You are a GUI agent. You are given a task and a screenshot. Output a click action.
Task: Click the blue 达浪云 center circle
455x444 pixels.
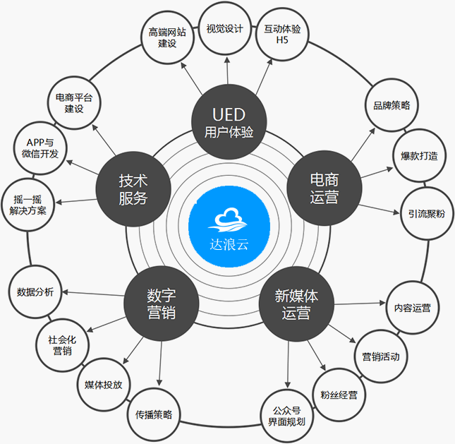(229, 226)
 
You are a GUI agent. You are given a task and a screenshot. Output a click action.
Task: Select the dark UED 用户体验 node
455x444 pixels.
(229, 121)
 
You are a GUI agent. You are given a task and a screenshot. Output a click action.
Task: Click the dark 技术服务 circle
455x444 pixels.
(133, 189)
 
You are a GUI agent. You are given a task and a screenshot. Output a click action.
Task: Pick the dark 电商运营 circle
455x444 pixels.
(324, 188)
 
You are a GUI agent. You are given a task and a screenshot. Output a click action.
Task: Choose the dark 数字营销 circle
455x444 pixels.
(162, 304)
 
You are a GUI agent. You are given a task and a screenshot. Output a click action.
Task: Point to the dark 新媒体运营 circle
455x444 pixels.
(296, 304)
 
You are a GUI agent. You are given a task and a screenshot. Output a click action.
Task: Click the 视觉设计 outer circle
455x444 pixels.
(224, 28)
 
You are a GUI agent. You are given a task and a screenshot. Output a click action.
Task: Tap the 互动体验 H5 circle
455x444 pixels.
(282, 34)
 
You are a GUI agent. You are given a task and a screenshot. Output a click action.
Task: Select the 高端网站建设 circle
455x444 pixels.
(167, 37)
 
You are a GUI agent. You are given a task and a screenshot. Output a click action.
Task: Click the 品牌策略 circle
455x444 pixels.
(392, 105)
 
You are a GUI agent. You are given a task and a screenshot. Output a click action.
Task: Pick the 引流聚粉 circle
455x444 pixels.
(427, 214)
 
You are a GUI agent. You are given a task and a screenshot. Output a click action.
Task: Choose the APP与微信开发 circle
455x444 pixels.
(40, 148)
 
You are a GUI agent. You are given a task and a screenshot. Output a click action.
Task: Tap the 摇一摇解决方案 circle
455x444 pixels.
(28, 205)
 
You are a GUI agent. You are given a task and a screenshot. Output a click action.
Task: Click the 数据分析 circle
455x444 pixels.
(35, 292)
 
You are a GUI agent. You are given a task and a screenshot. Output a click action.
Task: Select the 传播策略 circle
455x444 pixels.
(154, 414)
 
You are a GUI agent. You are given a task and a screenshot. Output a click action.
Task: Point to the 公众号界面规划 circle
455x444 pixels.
(286, 416)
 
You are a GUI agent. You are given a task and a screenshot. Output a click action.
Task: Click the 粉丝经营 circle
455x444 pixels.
(339, 395)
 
